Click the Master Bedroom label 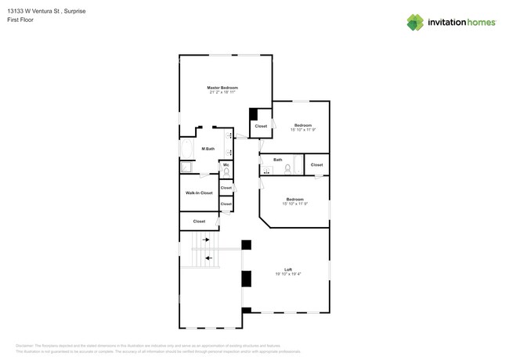222,88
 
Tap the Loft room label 288,269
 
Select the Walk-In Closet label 199,193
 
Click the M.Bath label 208,149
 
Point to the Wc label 226,164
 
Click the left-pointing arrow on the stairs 208,257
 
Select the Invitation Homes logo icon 415,23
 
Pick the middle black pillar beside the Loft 247,279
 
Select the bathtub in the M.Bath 187,149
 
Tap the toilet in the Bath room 287,168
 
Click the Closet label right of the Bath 316,165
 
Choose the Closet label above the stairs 199,221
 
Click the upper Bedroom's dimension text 303,130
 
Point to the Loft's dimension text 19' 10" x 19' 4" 288,274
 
